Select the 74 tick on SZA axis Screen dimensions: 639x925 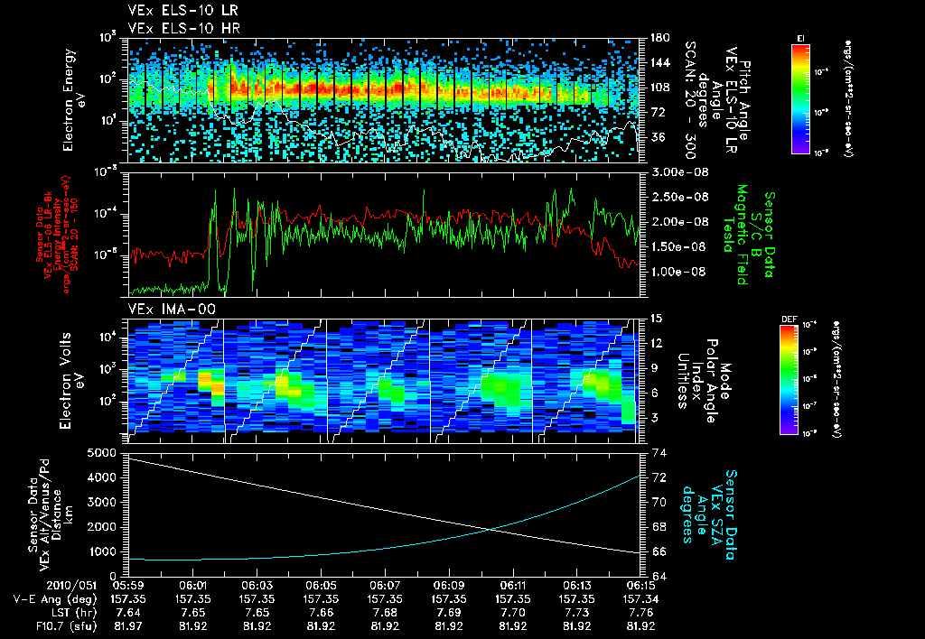tap(659, 452)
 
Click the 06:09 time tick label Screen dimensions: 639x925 tap(449, 585)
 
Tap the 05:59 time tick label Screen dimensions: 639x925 tap(129, 585)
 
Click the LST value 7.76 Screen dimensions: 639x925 tap(641, 612)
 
